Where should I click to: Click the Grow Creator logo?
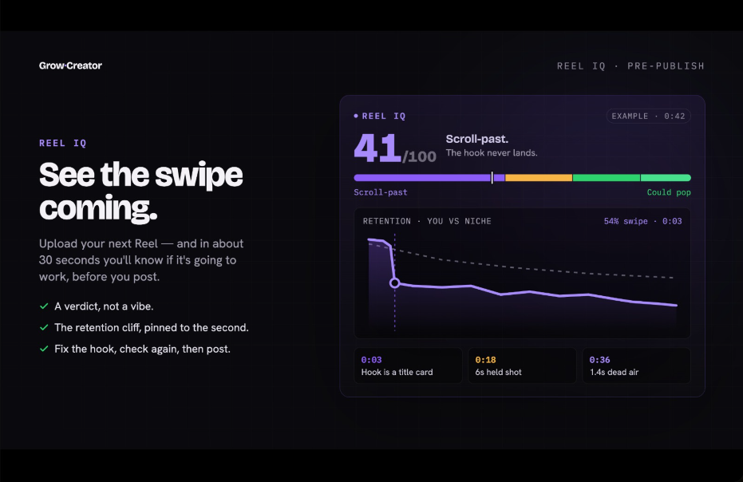pyautogui.click(x=70, y=65)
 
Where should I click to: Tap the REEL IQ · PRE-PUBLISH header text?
pyautogui.click(x=630, y=66)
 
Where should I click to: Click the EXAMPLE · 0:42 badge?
pyautogui.click(x=648, y=117)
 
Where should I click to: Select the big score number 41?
pyautogui.click(x=377, y=148)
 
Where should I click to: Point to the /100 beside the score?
pyautogui.click(x=419, y=156)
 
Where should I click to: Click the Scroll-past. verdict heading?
pyautogui.click(x=476, y=139)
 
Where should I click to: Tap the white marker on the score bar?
pyautogui.click(x=492, y=178)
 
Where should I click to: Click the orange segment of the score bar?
pyautogui.click(x=539, y=178)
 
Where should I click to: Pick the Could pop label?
pyautogui.click(x=669, y=192)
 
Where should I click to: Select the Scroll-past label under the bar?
pyautogui.click(x=381, y=192)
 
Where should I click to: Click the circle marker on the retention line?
pyautogui.click(x=394, y=283)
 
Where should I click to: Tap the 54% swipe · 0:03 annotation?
pyautogui.click(x=642, y=221)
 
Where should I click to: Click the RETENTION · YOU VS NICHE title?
pyautogui.click(x=427, y=221)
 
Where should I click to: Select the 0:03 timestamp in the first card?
pyautogui.click(x=372, y=360)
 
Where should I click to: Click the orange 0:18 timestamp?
pyautogui.click(x=485, y=360)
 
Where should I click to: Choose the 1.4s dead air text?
pyautogui.click(x=615, y=373)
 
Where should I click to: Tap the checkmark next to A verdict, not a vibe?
pyautogui.click(x=44, y=306)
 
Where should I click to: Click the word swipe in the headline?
pyautogui.click(x=199, y=176)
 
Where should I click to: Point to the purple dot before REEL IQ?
pyautogui.click(x=356, y=116)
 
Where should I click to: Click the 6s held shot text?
pyautogui.click(x=499, y=373)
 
